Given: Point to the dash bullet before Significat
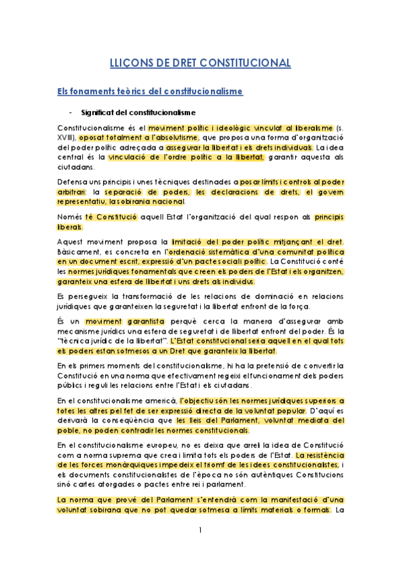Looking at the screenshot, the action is [x=70, y=112].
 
